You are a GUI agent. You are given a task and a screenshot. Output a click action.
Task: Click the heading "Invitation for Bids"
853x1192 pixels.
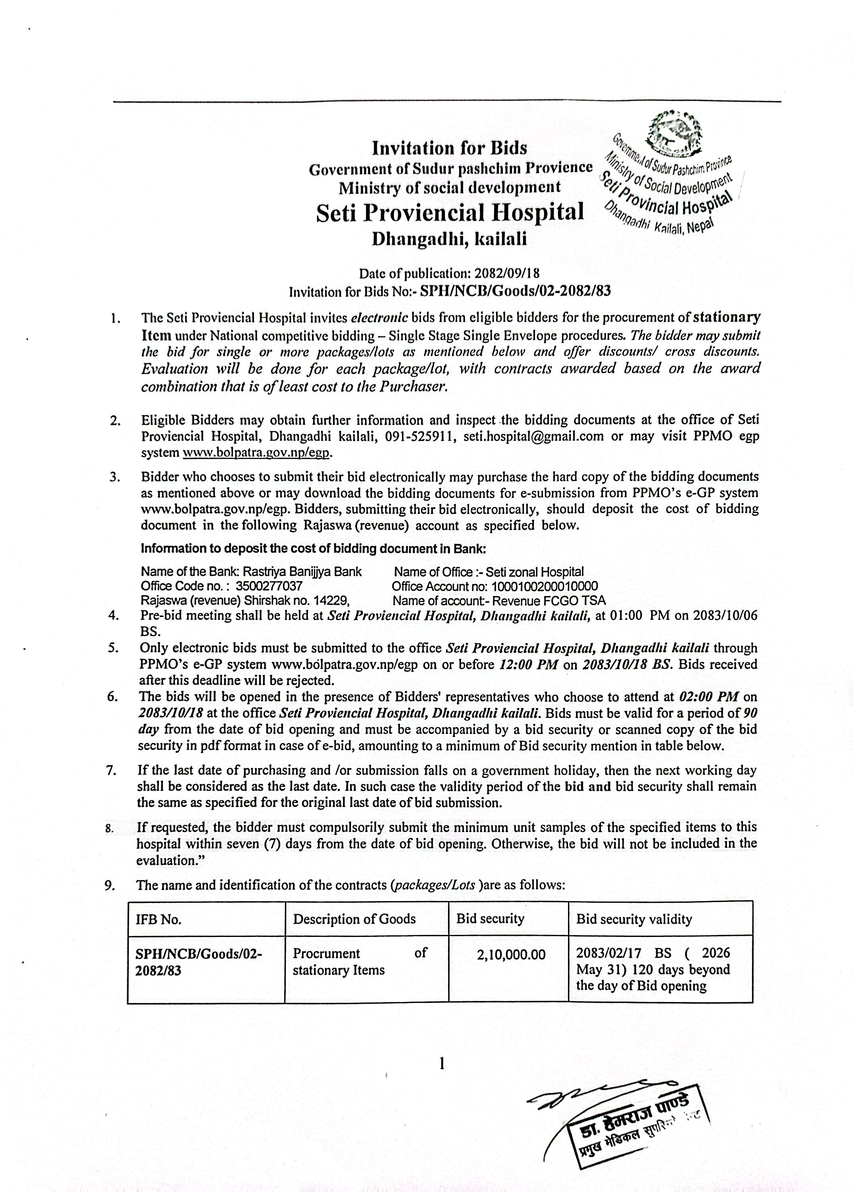coord(449,149)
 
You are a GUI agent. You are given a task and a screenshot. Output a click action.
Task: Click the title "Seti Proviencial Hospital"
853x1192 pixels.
coord(450,213)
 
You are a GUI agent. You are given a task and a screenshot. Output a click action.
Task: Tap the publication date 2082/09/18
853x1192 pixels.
coord(507,274)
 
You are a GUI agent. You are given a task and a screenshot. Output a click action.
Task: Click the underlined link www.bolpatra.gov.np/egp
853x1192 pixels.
coord(257,453)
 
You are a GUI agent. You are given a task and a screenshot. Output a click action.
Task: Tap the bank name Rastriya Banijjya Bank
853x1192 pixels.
coord(302,572)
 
